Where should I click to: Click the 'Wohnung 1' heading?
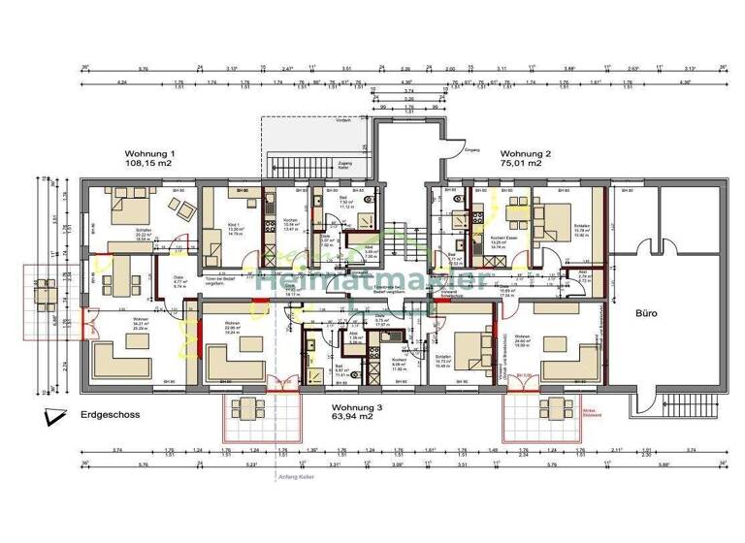149,154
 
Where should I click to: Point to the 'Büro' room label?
647,314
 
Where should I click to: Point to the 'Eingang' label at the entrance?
472,150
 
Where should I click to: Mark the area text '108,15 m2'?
149,165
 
